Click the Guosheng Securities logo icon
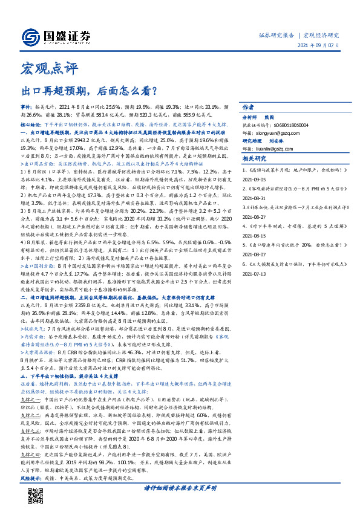33,35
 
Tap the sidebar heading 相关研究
255,158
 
